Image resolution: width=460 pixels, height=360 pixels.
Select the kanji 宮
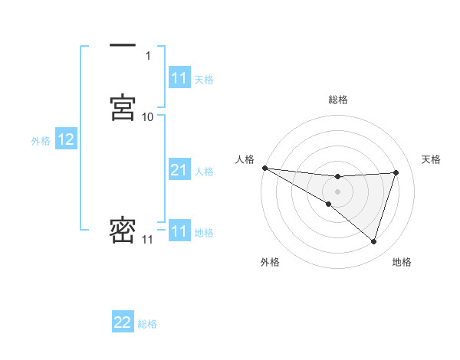pyautogui.click(x=123, y=106)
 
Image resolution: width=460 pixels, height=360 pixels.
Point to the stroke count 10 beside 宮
pyautogui.click(x=148, y=117)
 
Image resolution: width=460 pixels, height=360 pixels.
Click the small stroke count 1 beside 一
pyautogui.click(x=148, y=56)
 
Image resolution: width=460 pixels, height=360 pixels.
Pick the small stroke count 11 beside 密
pyautogui.click(x=148, y=241)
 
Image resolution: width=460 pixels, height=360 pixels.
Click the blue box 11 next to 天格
pyautogui.click(x=179, y=78)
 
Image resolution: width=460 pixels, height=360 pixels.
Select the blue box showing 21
pyautogui.click(x=179, y=170)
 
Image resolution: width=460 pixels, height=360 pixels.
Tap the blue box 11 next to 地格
pyautogui.click(x=179, y=231)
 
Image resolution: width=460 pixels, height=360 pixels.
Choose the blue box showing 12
pyautogui.click(x=66, y=139)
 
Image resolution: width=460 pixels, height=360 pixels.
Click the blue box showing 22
pyautogui.click(x=123, y=323)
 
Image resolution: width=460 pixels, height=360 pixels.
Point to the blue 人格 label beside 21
pyautogui.click(x=205, y=172)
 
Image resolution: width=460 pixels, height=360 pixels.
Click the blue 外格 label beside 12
pyautogui.click(x=41, y=141)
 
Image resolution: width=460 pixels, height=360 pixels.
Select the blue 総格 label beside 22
pyautogui.click(x=147, y=325)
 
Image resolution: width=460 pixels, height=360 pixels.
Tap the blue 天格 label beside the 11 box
pyautogui.click(x=204, y=80)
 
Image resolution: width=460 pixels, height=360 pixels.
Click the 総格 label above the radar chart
pyautogui.click(x=338, y=100)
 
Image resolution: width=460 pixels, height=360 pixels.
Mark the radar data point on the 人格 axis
pyautogui.click(x=264, y=168)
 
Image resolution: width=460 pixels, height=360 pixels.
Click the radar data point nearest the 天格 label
pyautogui.click(x=396, y=172)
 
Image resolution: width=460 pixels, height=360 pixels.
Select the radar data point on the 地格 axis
pyautogui.click(x=373, y=241)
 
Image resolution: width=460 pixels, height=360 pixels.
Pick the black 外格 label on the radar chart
pyautogui.click(x=270, y=262)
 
